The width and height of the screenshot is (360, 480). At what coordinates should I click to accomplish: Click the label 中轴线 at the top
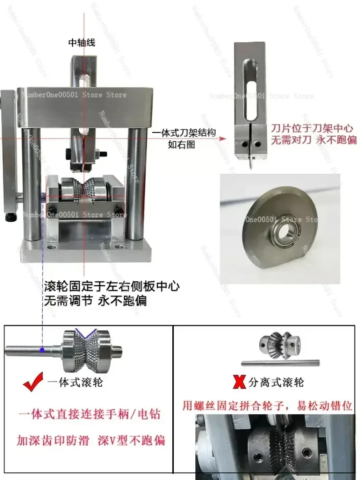coord(82,43)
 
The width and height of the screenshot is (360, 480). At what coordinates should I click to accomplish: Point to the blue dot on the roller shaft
coord(41,350)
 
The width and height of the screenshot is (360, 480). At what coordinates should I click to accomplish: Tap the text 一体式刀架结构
coord(184,133)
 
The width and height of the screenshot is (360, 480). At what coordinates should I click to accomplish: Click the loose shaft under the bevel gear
coord(280,362)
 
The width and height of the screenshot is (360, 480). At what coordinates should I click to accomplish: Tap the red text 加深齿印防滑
coord(54,439)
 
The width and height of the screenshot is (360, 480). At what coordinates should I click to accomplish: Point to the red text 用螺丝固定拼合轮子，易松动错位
coord(268,405)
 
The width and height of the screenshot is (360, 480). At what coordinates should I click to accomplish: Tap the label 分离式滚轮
coord(276,383)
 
